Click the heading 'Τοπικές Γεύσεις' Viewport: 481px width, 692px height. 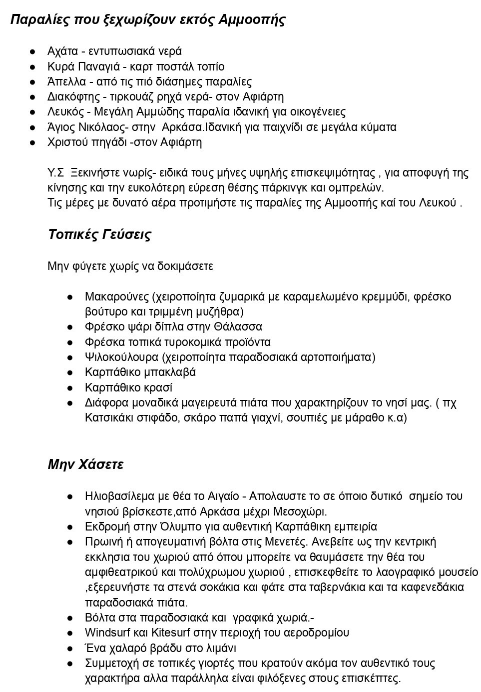[99, 234]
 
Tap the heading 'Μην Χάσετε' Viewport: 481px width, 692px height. [85, 464]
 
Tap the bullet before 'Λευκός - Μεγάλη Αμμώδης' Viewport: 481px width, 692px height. [32, 112]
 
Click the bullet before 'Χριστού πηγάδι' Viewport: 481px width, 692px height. [32, 142]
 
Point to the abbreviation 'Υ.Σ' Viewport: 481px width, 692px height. [55, 173]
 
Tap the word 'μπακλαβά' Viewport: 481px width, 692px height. [170, 372]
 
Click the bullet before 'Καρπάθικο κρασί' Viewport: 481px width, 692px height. [70, 388]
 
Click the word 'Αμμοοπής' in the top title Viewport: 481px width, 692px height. [252, 20]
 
